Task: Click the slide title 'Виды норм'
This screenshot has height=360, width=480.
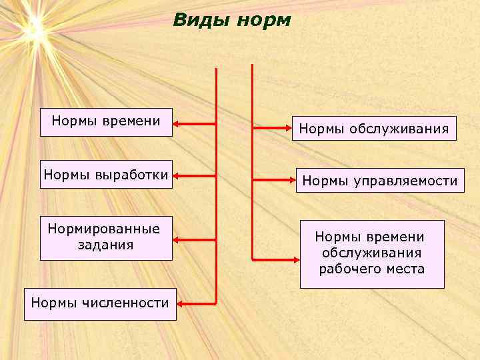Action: [232, 21]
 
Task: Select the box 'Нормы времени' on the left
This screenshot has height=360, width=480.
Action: [106, 122]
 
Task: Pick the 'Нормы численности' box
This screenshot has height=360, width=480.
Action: [100, 304]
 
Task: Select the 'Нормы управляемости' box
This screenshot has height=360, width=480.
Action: [381, 181]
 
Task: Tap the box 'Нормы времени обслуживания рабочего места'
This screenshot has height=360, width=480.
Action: [371, 253]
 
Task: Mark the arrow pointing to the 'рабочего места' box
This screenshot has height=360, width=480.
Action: [275, 259]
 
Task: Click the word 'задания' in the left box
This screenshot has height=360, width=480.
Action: [104, 245]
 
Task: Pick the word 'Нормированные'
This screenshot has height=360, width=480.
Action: [104, 229]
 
